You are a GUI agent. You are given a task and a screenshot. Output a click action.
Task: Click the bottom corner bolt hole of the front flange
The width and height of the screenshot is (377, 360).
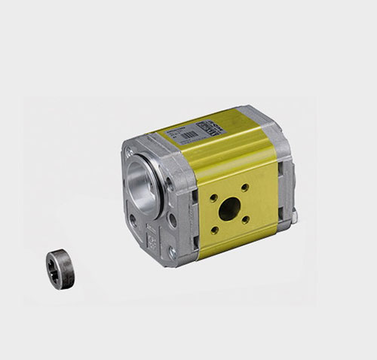(x=172, y=252)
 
